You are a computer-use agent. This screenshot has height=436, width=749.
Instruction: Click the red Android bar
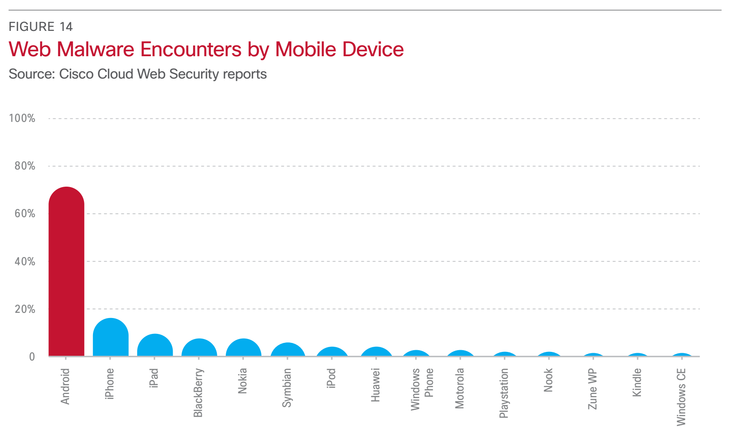[x=66, y=272]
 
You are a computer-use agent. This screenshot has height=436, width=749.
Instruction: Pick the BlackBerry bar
[x=199, y=348]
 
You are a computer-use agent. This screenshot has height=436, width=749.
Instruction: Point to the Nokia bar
[x=243, y=348]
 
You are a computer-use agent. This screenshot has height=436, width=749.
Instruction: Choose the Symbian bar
[x=288, y=350]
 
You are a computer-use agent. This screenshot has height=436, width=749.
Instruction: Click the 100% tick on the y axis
[x=22, y=118]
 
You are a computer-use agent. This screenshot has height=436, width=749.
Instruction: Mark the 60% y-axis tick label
[x=25, y=214]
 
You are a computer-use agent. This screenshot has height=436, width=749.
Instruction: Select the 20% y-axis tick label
[x=25, y=309]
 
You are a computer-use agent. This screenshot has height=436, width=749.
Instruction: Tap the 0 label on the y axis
[x=32, y=357]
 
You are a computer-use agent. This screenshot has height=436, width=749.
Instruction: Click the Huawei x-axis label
[x=376, y=385]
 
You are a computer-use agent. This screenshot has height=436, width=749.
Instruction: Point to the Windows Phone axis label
[x=422, y=389]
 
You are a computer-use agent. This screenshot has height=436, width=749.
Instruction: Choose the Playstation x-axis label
[x=504, y=393]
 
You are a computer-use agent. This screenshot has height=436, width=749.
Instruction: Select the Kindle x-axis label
[x=637, y=382]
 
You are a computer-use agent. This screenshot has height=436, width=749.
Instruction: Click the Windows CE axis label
[x=681, y=397]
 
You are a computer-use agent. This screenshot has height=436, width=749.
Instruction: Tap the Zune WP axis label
[x=593, y=389]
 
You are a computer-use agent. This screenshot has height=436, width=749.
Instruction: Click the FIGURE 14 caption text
[x=41, y=27]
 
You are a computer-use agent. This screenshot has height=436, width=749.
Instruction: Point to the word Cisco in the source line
[x=76, y=74]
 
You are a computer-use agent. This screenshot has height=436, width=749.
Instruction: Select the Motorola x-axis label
[x=460, y=388]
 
